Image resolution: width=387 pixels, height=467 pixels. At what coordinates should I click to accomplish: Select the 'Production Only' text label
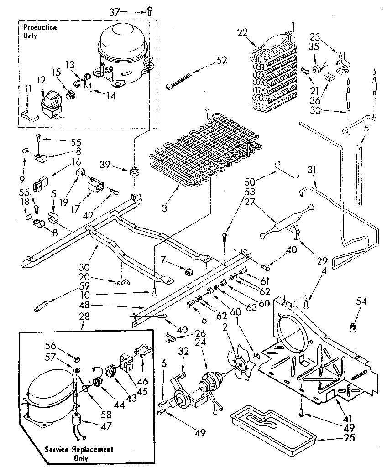[x=40, y=31]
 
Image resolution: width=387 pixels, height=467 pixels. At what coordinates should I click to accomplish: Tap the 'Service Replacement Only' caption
[x=79, y=453]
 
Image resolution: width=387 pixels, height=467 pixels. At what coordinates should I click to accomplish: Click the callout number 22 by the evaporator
[x=242, y=31]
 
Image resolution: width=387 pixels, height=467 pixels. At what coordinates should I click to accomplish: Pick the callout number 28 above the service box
[x=84, y=316]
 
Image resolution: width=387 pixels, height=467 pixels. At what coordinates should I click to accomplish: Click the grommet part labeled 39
[x=134, y=171]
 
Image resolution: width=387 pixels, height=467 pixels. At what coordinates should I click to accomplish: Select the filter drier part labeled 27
[x=279, y=223]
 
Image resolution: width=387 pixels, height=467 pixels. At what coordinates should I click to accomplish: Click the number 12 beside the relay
[x=42, y=80]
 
